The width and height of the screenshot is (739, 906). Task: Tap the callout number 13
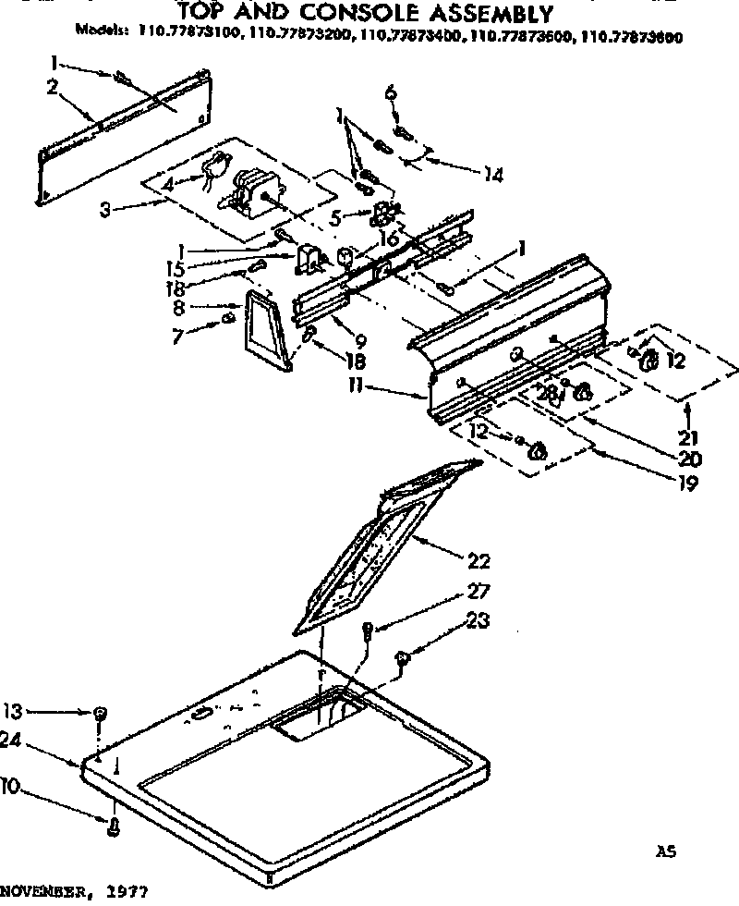point(12,711)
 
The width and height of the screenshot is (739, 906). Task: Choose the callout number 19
point(684,482)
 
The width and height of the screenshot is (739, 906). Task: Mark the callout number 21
point(689,437)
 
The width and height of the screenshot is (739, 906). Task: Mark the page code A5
point(666,851)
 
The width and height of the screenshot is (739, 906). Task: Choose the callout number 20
point(689,459)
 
